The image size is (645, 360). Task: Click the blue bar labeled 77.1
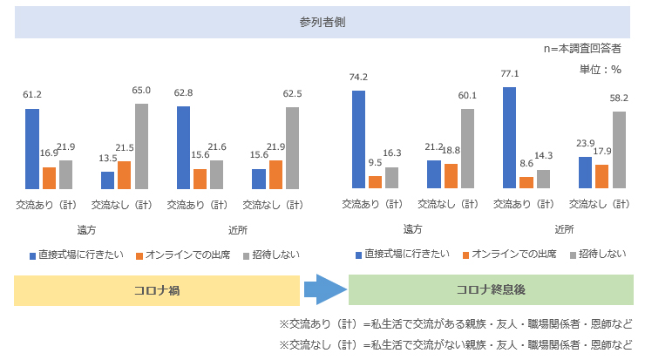pos(510,138)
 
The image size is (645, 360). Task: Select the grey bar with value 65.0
pos(141,146)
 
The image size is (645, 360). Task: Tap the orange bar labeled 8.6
pos(526,182)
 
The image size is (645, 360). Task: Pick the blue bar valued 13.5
pos(108,180)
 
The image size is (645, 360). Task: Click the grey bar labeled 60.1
pos(467,148)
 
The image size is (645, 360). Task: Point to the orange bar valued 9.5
pos(375,181)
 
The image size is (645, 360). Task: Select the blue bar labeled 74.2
pos(358,139)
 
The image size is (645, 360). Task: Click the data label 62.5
pos(292,93)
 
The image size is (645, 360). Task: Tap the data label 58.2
pos(618,99)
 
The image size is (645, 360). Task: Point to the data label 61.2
pos(32,94)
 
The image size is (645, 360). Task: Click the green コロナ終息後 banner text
pos(490,290)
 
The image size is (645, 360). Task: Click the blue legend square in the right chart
pos(358,255)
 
